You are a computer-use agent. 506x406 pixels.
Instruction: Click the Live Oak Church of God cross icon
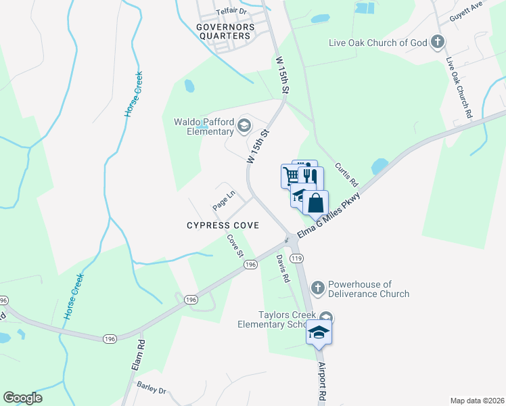click(x=438, y=43)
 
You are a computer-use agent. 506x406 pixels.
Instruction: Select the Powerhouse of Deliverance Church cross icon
click(x=318, y=289)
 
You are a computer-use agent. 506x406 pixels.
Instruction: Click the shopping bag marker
click(x=316, y=201)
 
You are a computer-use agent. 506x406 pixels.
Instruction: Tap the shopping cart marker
click(x=290, y=175)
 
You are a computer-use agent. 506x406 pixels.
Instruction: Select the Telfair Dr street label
click(x=233, y=12)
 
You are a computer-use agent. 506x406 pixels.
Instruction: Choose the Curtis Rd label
click(x=346, y=175)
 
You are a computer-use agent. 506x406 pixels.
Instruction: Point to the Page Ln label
click(x=223, y=198)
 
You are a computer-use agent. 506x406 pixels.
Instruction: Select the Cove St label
click(x=235, y=246)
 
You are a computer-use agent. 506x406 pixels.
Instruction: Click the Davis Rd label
click(x=283, y=269)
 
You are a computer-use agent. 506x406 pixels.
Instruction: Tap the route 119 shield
click(x=296, y=258)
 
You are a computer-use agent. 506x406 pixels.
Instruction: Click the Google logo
click(x=22, y=398)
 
